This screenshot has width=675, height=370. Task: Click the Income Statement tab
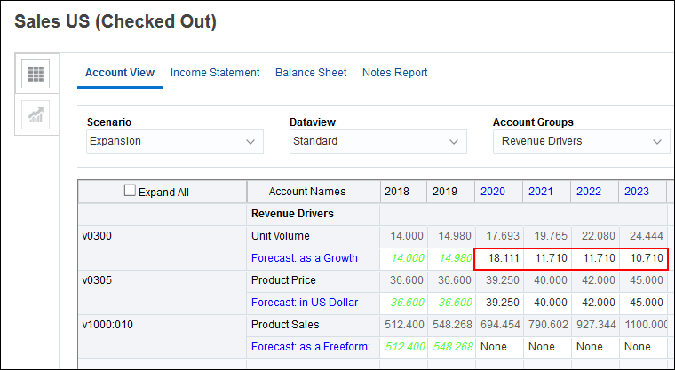[215, 73]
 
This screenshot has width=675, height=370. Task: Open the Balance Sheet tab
[311, 73]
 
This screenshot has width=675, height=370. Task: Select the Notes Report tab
[394, 73]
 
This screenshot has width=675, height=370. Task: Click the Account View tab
[120, 73]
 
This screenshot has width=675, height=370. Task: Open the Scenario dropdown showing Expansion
[175, 141]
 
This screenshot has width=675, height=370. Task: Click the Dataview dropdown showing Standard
[377, 141]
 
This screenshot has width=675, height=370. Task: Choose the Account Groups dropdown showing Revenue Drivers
[581, 141]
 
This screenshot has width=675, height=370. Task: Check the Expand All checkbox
[131, 191]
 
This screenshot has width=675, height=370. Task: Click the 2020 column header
[491, 192]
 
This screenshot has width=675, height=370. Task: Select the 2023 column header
[637, 192]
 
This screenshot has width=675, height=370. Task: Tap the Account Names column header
[308, 192]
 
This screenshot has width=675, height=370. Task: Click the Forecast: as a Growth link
[304, 258]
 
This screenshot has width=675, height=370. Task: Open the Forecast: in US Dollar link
[305, 303]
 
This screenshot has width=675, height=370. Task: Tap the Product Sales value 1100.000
[643, 325]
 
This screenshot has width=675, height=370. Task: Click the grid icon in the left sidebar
[36, 75]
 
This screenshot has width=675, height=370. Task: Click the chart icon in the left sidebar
[36, 114]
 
